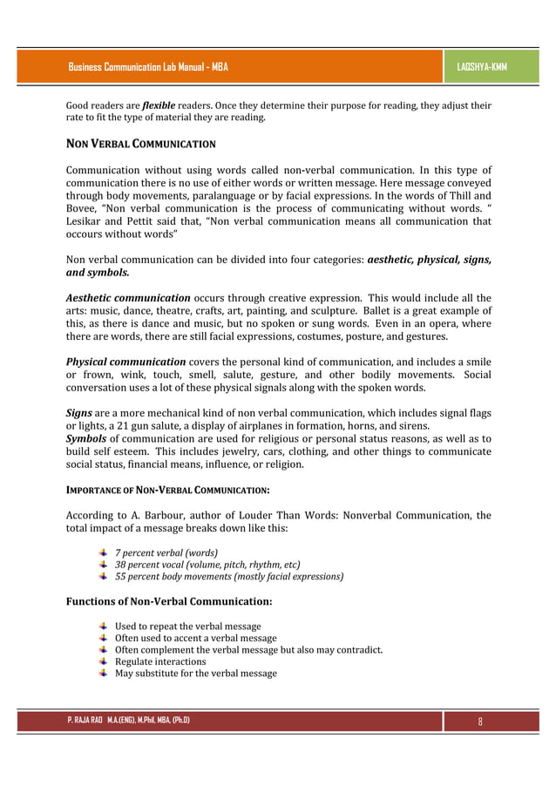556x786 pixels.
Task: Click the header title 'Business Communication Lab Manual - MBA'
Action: point(147,67)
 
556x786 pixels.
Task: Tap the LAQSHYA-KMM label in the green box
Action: point(481,67)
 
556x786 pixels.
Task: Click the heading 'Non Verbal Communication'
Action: point(141,143)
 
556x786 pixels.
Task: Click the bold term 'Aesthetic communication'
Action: point(129,298)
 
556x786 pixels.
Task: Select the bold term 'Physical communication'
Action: point(126,362)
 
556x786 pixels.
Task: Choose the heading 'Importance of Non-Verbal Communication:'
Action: point(167,491)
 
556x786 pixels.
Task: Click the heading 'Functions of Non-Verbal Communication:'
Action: point(170,601)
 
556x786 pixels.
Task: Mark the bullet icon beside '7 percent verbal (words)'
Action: point(104,552)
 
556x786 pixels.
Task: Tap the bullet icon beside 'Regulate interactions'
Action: point(104,661)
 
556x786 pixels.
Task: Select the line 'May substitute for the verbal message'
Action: point(196,674)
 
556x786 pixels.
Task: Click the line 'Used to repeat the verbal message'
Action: point(187,627)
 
